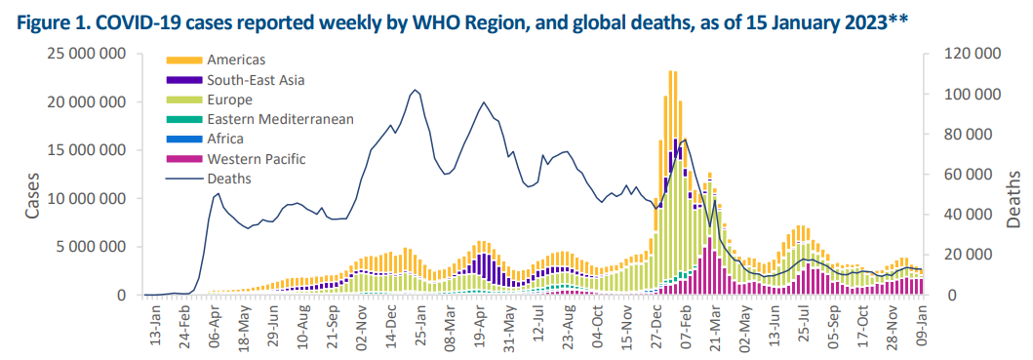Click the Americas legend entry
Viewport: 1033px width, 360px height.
(235, 60)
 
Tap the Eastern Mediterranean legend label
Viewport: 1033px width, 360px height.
(279, 119)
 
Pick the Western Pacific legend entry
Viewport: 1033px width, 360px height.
(255, 158)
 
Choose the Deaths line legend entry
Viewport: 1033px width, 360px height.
(229, 178)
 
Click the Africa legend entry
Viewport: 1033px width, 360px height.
(225, 139)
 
